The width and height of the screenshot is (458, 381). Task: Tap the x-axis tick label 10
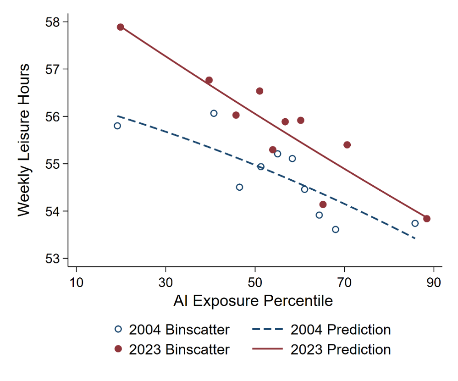click(x=76, y=282)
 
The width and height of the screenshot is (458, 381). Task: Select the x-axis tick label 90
click(x=433, y=282)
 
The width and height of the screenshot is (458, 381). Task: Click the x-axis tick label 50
click(x=255, y=282)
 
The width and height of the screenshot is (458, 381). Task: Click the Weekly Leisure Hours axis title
click(x=24, y=140)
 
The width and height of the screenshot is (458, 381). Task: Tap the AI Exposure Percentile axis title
click(x=253, y=301)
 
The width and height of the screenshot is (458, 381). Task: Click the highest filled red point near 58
click(x=121, y=27)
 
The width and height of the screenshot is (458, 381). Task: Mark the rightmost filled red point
click(x=427, y=219)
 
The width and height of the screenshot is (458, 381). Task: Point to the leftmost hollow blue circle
click(x=117, y=126)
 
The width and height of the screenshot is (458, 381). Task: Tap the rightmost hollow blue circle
click(x=415, y=223)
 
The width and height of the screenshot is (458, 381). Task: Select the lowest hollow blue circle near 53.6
click(x=336, y=229)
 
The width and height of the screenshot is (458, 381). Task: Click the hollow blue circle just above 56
click(x=214, y=113)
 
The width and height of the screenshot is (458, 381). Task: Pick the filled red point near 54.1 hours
click(x=323, y=204)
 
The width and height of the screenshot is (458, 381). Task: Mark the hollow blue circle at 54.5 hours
click(x=239, y=187)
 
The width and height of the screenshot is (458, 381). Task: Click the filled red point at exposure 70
click(x=347, y=145)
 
